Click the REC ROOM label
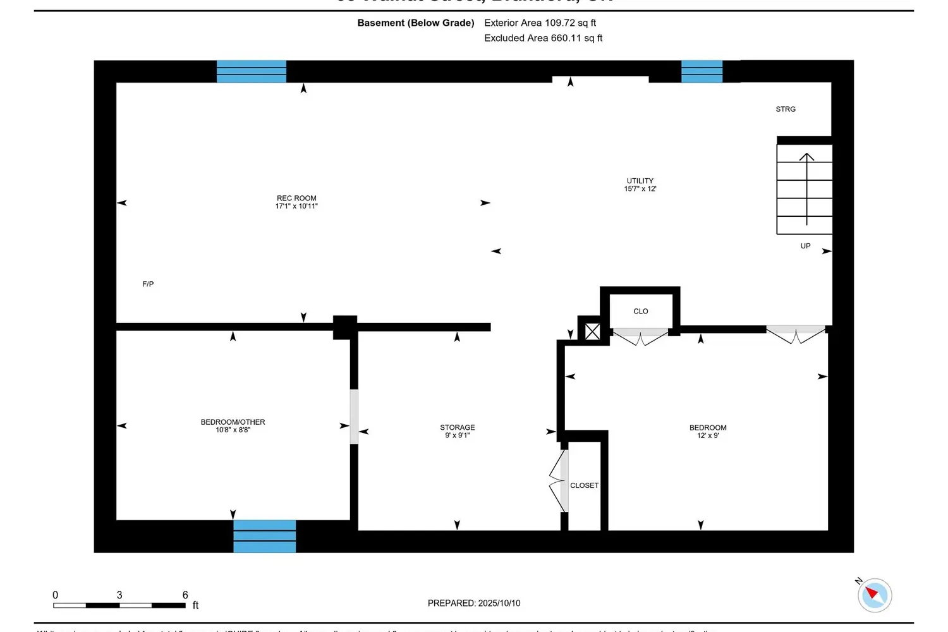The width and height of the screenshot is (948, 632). [x=296, y=198]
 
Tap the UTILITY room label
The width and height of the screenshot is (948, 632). [x=640, y=181]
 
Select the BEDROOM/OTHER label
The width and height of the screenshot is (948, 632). [x=233, y=422]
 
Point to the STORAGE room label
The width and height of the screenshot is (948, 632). [x=458, y=428]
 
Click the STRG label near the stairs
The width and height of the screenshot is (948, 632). [x=786, y=109]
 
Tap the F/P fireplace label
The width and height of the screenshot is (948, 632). [x=148, y=284]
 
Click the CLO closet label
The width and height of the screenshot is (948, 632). [x=641, y=311]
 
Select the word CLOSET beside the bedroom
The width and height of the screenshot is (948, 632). [x=584, y=485]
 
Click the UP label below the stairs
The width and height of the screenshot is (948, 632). [x=805, y=246]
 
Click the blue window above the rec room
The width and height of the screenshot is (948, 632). [x=252, y=71]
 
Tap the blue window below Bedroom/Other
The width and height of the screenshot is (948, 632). [x=264, y=536]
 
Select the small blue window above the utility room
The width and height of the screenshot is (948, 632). [x=702, y=71]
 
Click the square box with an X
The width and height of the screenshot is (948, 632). [x=592, y=331]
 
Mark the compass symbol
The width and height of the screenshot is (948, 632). [x=875, y=595]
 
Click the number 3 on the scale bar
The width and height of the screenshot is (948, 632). [x=119, y=595]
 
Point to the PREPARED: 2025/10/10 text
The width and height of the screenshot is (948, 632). [x=474, y=603]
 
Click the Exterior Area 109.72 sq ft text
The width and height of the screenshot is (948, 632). [x=540, y=23]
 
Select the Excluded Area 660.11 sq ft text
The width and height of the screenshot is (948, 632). [x=543, y=38]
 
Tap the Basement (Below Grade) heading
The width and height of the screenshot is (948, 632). [x=415, y=23]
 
